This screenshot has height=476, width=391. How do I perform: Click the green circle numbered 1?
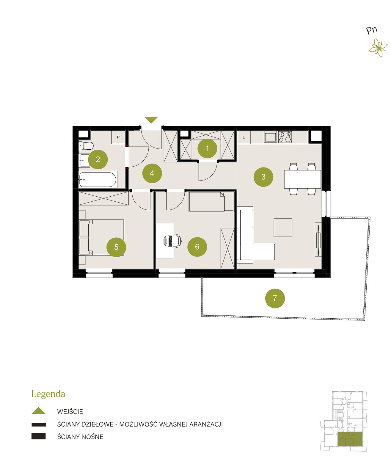pos(207,148)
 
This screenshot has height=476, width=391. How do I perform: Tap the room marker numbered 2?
pos(98,159)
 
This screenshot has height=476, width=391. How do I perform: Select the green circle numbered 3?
pos(263,177)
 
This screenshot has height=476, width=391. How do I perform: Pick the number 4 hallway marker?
pos(152,173)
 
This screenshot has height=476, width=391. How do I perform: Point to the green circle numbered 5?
pos(116,247)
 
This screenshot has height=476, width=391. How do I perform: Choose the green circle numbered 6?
pos(197,247)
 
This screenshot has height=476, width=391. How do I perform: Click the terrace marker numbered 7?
pos(275,298)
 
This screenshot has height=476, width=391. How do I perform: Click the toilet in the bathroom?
pos(86,145)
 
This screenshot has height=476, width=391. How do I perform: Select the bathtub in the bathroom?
pos(98,180)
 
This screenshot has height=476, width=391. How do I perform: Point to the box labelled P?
pos(118,137)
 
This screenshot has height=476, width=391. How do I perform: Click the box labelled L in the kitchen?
pos(244,137)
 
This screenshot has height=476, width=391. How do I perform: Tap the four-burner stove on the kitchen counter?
pos(285,137)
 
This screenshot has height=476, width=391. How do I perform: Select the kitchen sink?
pos(271,137)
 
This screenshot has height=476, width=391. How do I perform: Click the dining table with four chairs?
pos(302,179)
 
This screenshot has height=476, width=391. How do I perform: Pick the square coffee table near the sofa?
pos(283,228)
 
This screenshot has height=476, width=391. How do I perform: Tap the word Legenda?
pos(48,394)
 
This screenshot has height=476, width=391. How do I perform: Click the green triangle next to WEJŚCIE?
pos(39,410)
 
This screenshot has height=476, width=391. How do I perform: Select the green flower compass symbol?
pos(378,47)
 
